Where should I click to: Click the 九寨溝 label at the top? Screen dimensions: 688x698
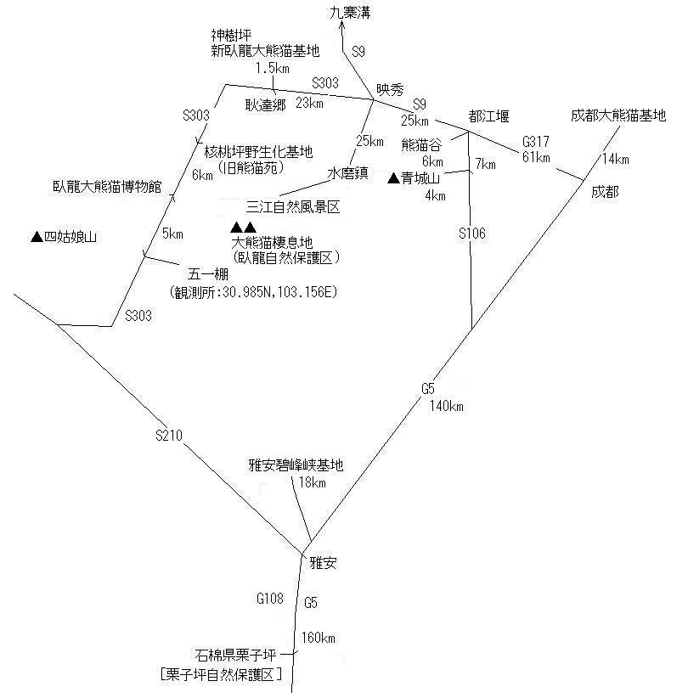[x=350, y=13]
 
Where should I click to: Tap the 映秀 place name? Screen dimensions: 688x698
[x=390, y=89]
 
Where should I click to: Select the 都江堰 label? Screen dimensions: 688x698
[x=488, y=116]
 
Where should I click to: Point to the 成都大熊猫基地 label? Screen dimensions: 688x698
[x=618, y=115]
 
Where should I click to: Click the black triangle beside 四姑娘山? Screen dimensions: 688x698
[x=37, y=236]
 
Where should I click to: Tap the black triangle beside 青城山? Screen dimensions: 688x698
[x=393, y=178]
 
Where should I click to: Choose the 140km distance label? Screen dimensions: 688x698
[x=447, y=406]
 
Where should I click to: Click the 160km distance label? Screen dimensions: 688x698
[x=318, y=638]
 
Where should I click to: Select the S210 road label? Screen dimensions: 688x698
[x=169, y=435]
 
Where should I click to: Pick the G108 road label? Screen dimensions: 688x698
[x=270, y=599]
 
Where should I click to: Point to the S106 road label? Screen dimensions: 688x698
[x=472, y=233]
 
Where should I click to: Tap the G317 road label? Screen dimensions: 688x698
[x=536, y=142]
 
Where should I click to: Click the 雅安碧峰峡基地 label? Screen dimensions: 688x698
[x=296, y=465]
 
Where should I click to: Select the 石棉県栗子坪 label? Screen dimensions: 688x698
[x=235, y=655]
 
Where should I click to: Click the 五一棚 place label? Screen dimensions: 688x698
[x=208, y=273]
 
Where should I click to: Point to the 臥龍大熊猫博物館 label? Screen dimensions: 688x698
[x=107, y=186]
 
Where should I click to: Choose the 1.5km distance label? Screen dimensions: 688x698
[x=273, y=68]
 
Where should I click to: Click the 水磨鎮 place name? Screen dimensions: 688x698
[x=347, y=172]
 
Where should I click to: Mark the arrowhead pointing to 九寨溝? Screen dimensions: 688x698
[x=342, y=25]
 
